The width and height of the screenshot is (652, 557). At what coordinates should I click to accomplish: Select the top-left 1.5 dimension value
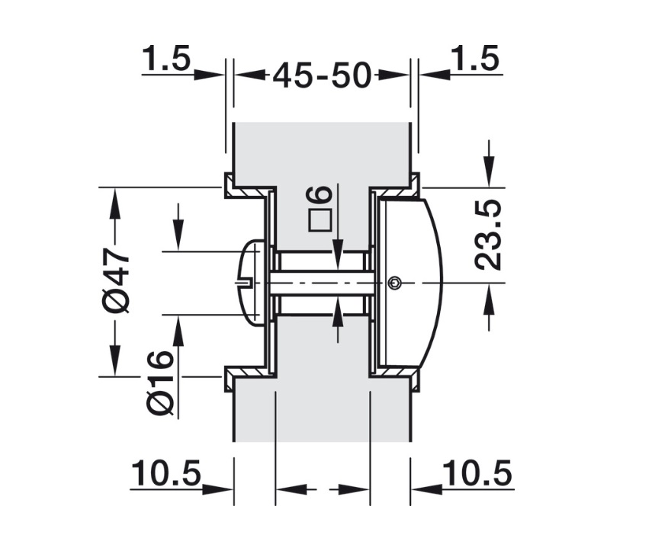[165, 59]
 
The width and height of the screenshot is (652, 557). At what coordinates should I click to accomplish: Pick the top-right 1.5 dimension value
[474, 59]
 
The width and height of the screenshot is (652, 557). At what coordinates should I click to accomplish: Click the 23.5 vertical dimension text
[488, 235]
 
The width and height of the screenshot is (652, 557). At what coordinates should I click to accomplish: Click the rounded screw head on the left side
[252, 283]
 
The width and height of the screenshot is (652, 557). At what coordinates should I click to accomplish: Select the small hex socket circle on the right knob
[393, 283]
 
